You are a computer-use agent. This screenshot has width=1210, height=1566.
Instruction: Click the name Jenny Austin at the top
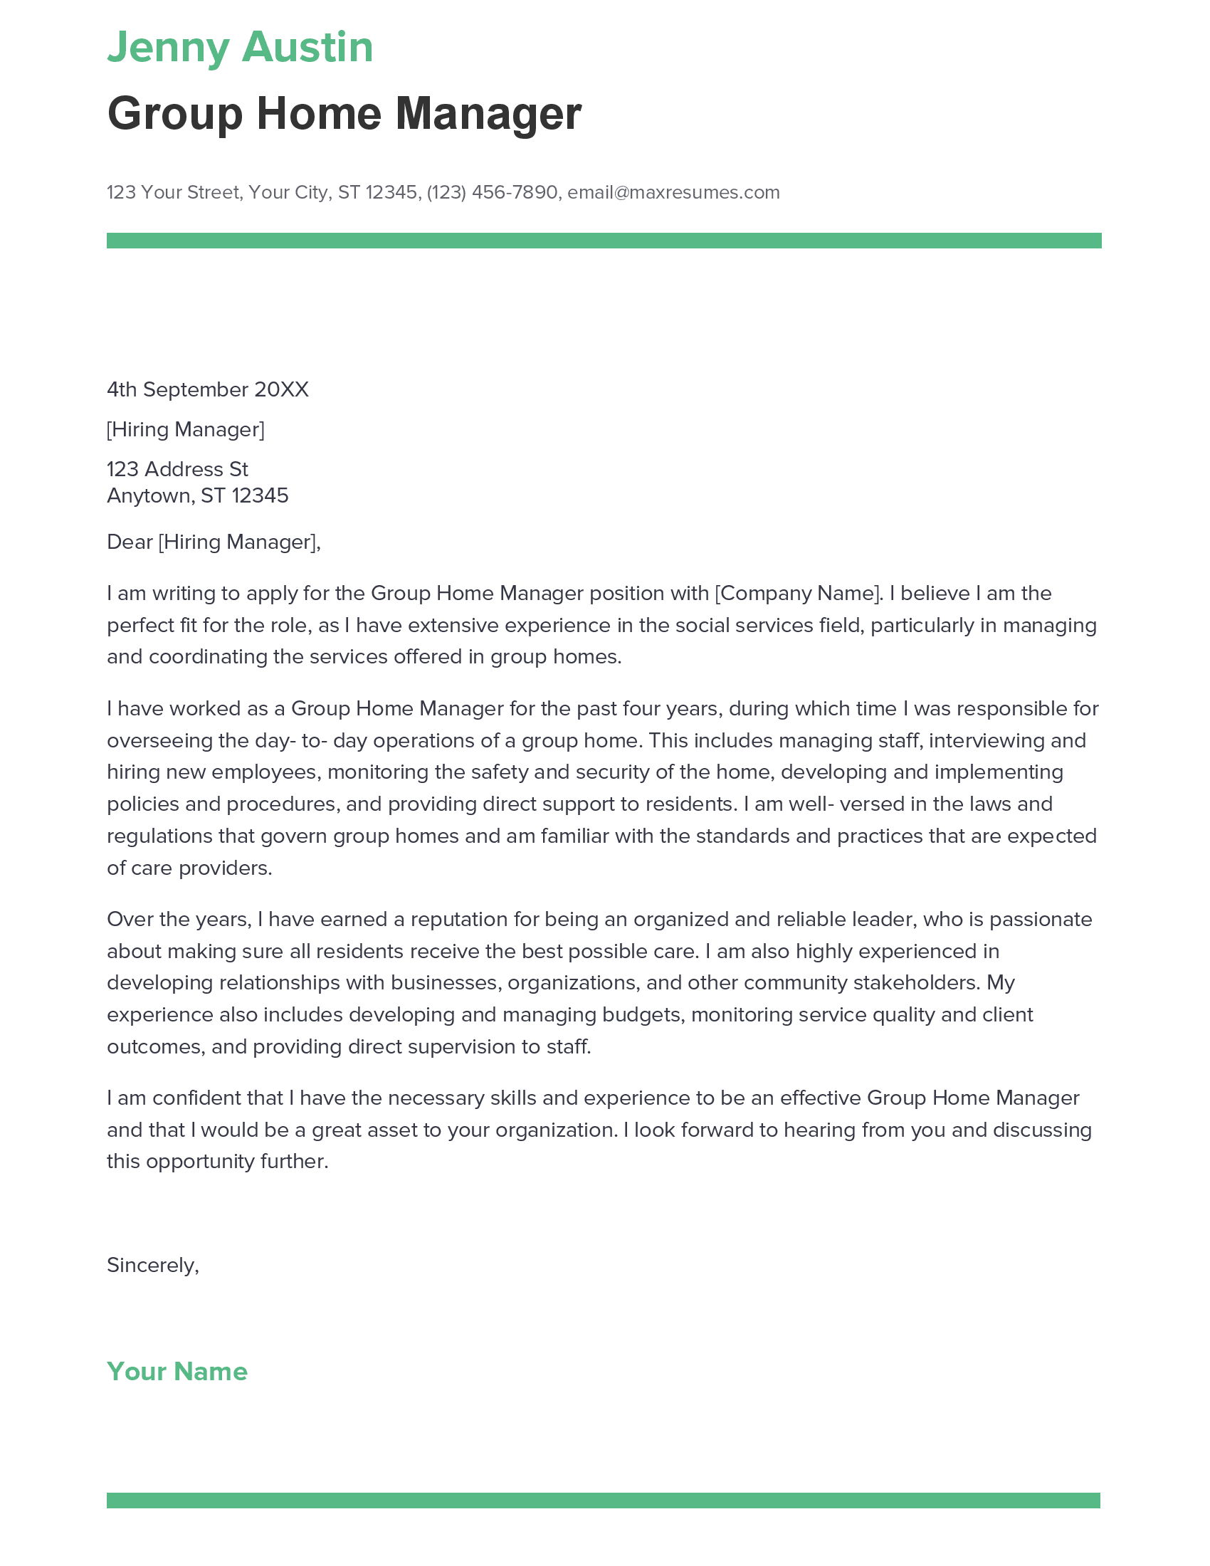[x=239, y=48]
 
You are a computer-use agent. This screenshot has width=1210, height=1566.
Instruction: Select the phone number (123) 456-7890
[x=492, y=192]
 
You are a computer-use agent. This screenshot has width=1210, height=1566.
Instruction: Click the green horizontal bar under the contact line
[x=604, y=240]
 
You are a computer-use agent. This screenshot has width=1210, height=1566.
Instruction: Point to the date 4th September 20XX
[x=207, y=389]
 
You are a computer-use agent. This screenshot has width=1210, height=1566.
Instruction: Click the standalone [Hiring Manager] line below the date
[x=185, y=429]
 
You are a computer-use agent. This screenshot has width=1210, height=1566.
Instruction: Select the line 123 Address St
[x=177, y=469]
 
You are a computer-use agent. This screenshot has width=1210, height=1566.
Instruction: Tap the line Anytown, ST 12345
[x=197, y=495]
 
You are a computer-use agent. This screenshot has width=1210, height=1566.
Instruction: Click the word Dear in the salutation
[x=130, y=542]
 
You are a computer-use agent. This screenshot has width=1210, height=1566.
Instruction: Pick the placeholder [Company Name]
[x=797, y=594]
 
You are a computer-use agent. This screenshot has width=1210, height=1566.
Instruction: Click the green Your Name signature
[x=177, y=1371]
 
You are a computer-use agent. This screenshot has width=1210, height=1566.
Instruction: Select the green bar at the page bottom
[x=604, y=1500]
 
